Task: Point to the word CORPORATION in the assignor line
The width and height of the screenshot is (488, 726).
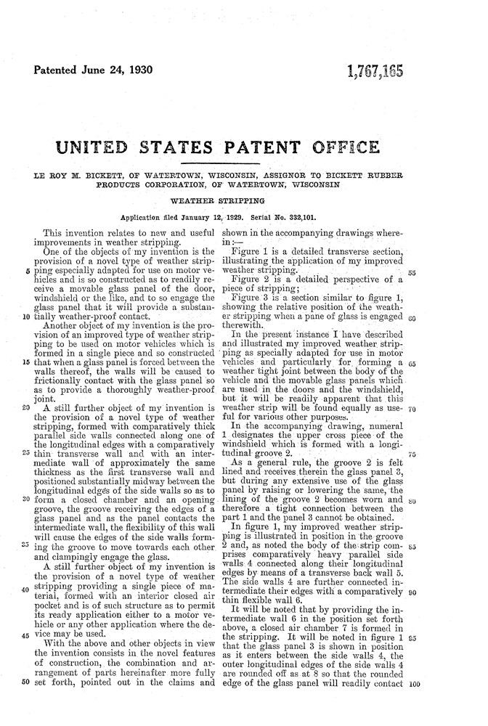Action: coord(166,186)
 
